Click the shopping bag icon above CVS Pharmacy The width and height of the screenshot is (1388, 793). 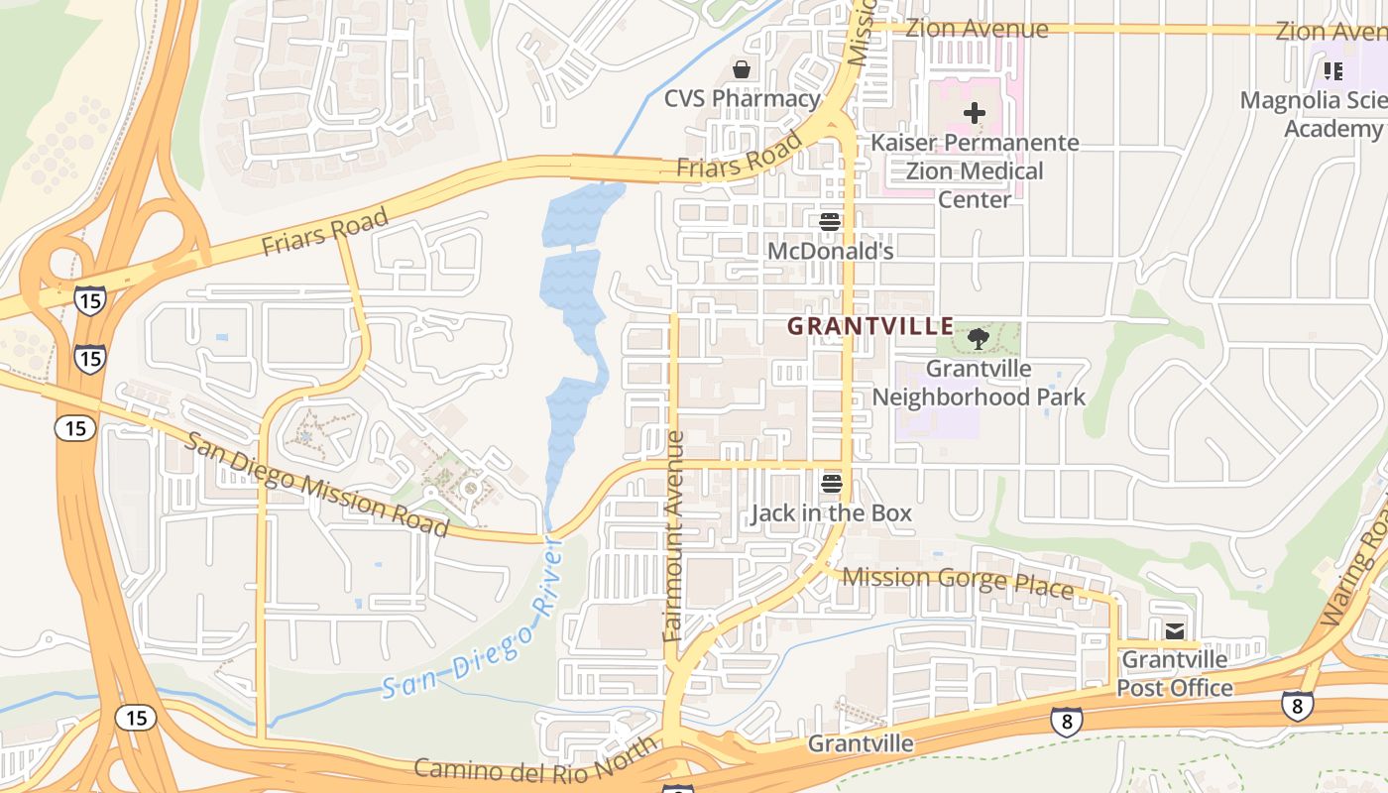pos(741,69)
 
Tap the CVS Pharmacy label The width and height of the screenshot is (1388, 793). pos(742,98)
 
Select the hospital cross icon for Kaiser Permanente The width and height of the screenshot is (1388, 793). pos(975,113)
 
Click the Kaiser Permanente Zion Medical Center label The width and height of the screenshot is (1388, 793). pos(975,170)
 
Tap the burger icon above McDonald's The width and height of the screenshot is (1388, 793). pos(831,221)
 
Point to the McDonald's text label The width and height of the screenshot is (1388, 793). pos(831,251)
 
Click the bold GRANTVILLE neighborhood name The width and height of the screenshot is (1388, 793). pos(870,325)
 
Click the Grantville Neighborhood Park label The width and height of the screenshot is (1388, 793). pos(979,383)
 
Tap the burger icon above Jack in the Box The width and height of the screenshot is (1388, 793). pos(832,484)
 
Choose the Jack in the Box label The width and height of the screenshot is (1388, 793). pos(831,513)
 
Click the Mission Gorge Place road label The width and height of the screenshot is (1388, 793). pos(958,582)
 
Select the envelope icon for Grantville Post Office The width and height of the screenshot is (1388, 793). pos(1175,630)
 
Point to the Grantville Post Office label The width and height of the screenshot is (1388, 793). pos(1175,673)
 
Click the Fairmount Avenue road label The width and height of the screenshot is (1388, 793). pos(674,535)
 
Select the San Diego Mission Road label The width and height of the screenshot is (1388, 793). pos(318,485)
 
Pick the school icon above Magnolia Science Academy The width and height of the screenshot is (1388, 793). pos(1333,70)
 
